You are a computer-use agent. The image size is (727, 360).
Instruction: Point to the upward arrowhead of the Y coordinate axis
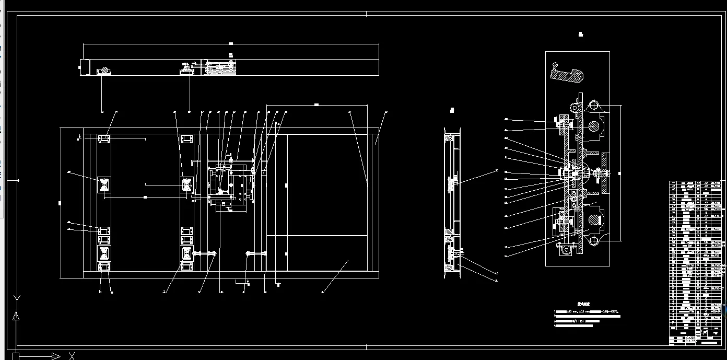(17, 316)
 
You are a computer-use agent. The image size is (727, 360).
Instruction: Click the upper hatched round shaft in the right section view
(594, 126)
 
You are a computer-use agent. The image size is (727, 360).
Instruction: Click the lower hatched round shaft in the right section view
(594, 215)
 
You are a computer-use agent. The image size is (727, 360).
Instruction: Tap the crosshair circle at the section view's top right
(594, 106)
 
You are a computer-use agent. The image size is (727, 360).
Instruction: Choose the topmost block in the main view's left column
(103, 139)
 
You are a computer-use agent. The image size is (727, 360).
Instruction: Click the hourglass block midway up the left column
(104, 184)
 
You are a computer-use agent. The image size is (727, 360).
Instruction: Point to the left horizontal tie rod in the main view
(205, 253)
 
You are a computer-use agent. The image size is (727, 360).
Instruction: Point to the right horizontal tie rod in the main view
(256, 253)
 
